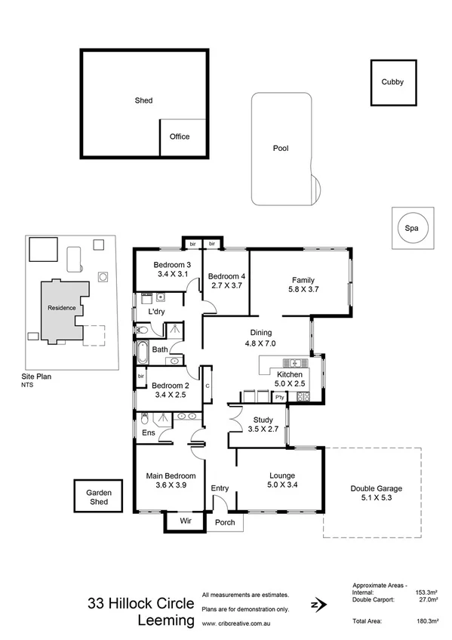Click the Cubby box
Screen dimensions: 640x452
(392, 82)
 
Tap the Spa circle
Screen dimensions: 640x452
(412, 227)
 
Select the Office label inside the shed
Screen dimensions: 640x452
(180, 137)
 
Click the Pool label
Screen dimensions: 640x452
(281, 149)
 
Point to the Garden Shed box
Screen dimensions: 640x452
(97, 497)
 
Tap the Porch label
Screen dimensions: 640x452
(225, 522)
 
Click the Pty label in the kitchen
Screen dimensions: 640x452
(279, 397)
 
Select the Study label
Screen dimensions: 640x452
(263, 420)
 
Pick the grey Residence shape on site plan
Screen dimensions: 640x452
(60, 309)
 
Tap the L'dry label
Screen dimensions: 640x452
(156, 311)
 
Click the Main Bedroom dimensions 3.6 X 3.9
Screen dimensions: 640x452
(171, 485)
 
